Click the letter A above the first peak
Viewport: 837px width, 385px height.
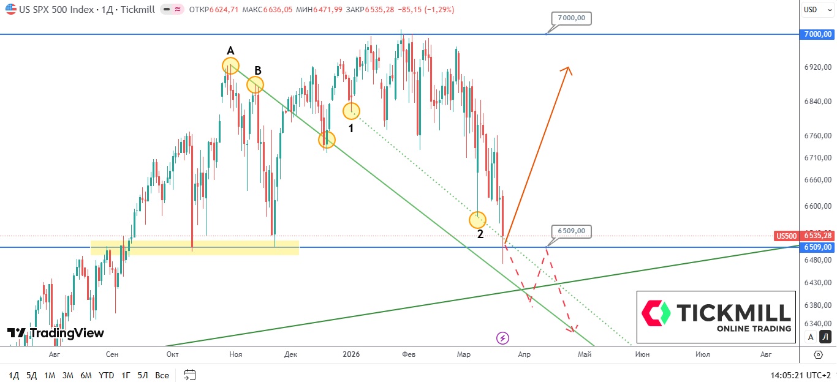tap(230, 50)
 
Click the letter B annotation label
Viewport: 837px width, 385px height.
tap(258, 70)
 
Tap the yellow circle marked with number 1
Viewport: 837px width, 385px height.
tap(351, 111)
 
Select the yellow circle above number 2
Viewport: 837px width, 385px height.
tap(477, 219)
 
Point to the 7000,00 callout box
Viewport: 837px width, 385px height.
tap(572, 18)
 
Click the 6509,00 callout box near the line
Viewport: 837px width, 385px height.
tap(572, 231)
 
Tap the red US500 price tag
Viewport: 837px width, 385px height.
tap(786, 236)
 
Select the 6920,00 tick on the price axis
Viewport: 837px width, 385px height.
tap(818, 66)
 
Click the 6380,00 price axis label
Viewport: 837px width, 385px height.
tap(818, 305)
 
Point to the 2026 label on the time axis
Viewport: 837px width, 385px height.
tap(351, 354)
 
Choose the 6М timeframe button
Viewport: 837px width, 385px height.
tap(86, 375)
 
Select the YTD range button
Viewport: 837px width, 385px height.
tap(106, 375)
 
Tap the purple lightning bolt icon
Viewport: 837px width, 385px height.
tap(502, 337)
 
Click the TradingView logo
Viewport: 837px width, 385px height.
tap(56, 333)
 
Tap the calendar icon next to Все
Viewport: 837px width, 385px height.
tap(189, 375)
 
